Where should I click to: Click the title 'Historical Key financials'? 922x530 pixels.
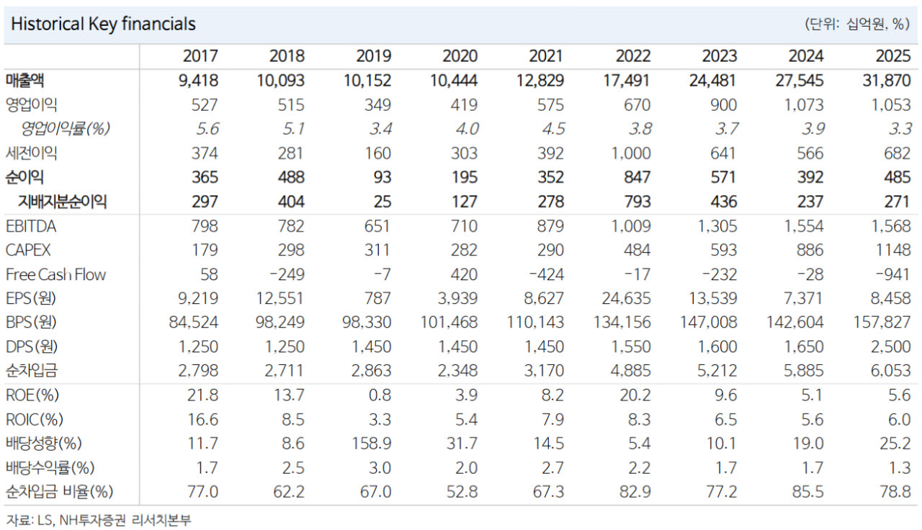(103, 24)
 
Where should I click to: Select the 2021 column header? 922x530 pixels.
(546, 56)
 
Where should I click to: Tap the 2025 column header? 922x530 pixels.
(892, 56)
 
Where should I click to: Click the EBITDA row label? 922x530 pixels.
(31, 226)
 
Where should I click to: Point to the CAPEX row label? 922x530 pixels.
(28, 250)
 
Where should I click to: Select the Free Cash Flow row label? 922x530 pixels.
(56, 274)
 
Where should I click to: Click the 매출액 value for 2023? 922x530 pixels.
(713, 81)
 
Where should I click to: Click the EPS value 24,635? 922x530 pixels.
(626, 298)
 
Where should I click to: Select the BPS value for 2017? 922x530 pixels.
(194, 322)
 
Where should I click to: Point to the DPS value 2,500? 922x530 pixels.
(890, 346)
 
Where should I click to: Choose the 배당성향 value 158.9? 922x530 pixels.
(371, 444)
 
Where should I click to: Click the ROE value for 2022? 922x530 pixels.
(635, 395)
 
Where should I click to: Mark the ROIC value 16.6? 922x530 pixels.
(203, 419)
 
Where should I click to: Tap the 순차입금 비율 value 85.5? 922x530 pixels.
(808, 492)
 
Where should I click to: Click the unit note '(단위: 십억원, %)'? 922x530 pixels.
(857, 24)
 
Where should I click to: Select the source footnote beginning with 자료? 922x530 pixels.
(99, 521)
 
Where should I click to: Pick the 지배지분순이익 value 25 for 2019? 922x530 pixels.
(382, 202)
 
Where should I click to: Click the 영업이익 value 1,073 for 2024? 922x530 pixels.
(804, 105)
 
